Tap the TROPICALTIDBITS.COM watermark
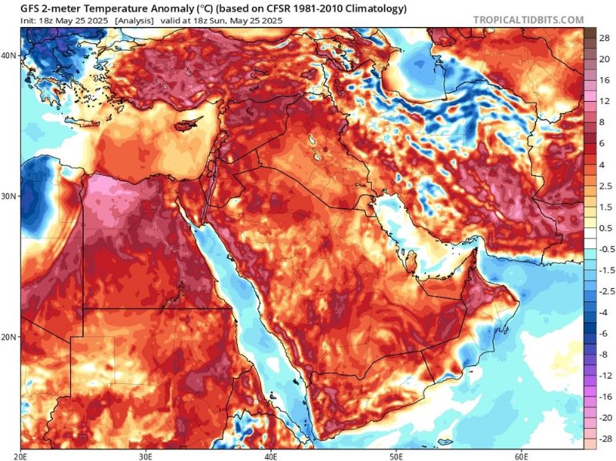tap(528, 19)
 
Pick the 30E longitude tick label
tap(146, 456)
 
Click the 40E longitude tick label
tap(272, 456)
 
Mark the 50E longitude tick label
tap(397, 456)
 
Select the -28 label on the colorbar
tap(604, 437)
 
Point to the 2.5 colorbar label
tap(604, 186)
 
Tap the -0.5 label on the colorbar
tap(604, 249)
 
